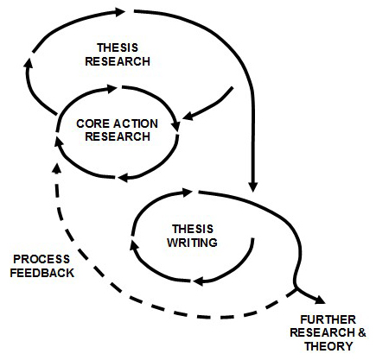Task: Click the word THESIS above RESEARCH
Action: point(118,47)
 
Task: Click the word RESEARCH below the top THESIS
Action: point(118,61)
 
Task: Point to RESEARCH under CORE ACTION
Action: point(118,136)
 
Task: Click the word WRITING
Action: point(192,243)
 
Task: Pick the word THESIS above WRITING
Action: point(193,229)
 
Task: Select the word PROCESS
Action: point(41,259)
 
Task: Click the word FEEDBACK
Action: point(42,273)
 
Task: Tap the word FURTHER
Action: point(328,319)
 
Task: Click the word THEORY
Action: point(328,346)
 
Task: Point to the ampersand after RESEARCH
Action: point(362,333)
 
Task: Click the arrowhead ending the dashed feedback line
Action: point(57,168)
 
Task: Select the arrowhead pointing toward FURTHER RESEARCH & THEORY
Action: point(320,300)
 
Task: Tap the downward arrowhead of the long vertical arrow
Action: point(252,186)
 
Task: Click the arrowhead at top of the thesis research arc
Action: point(119,11)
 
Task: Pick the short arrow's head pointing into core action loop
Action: point(188,116)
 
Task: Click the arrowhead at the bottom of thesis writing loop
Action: point(200,281)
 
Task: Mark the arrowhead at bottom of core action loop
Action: point(124,178)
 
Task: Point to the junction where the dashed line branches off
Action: point(296,289)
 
